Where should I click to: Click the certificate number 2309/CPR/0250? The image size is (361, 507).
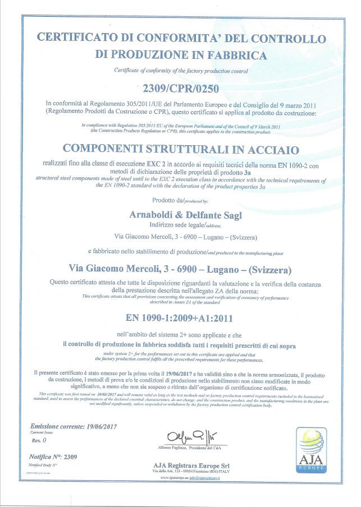click(180, 88)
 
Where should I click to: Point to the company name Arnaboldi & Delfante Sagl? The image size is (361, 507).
click(180, 215)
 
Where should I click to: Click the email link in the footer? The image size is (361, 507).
click(210, 477)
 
